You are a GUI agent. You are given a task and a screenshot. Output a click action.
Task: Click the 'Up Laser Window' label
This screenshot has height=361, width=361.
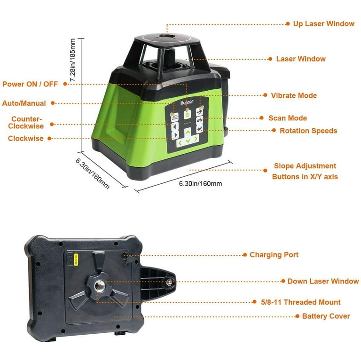323,24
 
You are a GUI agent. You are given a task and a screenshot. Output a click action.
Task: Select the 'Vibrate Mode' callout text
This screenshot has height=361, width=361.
294,95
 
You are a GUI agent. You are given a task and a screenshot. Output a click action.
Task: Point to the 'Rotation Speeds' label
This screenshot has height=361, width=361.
308,131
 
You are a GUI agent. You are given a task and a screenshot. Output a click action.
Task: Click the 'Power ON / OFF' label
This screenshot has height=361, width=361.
31,84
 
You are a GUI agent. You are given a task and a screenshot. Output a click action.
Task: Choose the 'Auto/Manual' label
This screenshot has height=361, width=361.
24,103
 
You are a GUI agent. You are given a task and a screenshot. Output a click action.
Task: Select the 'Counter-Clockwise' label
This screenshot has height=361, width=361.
28,122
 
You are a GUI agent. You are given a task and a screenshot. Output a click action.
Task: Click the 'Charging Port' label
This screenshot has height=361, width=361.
274,255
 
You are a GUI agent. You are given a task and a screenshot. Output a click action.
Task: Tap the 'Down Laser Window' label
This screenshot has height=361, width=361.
323,281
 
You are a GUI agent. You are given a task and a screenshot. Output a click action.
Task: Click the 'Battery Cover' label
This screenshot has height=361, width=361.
326,316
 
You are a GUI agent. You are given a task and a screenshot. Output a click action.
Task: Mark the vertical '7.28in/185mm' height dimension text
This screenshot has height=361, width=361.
73,61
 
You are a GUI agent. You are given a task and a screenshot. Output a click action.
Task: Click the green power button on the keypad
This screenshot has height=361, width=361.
187,114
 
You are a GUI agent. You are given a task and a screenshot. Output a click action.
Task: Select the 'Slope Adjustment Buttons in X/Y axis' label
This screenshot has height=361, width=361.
305,172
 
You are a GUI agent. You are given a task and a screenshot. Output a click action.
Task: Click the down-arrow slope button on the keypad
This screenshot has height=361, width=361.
188,141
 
